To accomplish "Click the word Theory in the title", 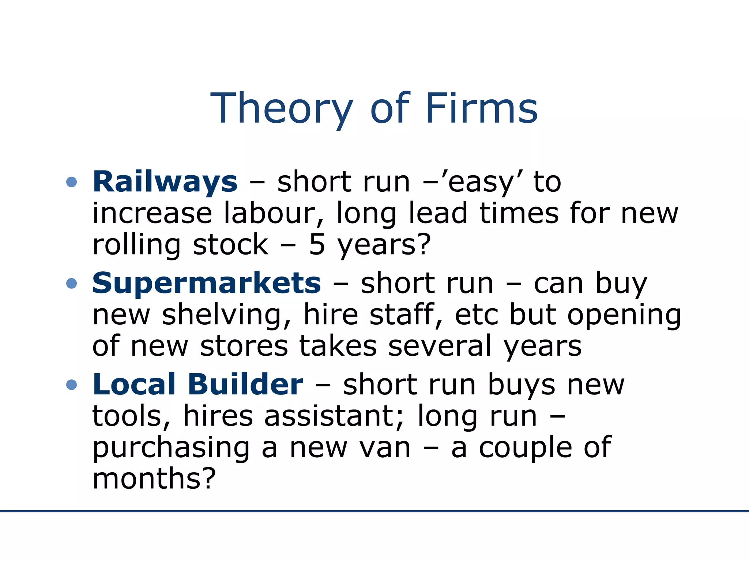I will click(x=282, y=109).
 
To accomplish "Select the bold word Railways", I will click(x=165, y=182).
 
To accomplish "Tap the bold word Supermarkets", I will click(x=207, y=283).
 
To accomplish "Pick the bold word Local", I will click(x=134, y=384).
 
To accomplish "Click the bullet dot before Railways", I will click(x=72, y=182).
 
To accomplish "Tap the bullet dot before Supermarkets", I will click(x=72, y=283).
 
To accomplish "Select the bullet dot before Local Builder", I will click(x=72, y=385).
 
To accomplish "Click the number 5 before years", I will click(x=317, y=245).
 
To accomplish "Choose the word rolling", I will click(x=136, y=245).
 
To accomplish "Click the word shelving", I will click(x=226, y=315).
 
